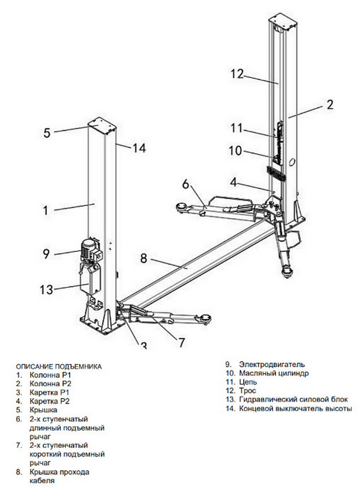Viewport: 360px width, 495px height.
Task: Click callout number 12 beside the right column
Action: pos(237,74)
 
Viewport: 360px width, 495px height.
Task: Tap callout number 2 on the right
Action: pos(330,104)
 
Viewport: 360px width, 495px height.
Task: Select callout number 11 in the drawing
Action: pos(237,128)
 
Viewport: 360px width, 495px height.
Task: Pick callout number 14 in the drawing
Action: pos(138,148)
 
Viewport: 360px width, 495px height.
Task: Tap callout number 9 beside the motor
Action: pos(46,254)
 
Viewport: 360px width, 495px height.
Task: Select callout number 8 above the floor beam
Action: pos(143,258)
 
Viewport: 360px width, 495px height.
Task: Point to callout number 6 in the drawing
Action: pos(186,184)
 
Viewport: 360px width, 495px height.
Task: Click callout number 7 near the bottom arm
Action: pos(181,342)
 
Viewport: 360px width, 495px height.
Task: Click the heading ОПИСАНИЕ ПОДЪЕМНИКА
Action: pos(59,367)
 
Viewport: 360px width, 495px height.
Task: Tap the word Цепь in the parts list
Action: pos(249,382)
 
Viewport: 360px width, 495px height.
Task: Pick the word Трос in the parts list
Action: pos(249,391)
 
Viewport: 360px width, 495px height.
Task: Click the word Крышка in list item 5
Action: pos(43,410)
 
